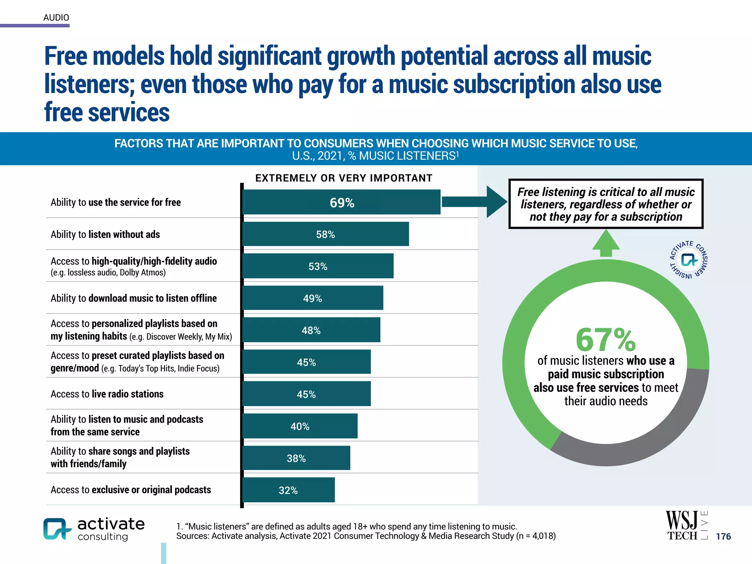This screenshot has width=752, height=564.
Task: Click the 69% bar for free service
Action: coord(341,202)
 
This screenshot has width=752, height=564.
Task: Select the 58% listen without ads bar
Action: coord(326,234)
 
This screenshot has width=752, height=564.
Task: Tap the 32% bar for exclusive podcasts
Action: coord(289,490)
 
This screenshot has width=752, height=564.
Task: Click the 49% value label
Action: coord(312,299)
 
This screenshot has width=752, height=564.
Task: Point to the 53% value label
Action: coord(318,267)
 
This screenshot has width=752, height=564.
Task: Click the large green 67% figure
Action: coord(605,340)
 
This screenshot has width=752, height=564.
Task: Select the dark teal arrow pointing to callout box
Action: coord(474,202)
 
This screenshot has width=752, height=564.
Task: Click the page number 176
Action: coord(723,536)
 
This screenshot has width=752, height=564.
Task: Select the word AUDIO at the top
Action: coord(56,18)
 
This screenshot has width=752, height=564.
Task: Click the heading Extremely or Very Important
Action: coord(344,178)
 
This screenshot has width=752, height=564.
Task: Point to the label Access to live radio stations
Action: coord(107,394)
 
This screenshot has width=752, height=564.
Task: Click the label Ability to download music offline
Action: coord(134,298)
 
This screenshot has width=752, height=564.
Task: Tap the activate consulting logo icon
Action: coord(57,529)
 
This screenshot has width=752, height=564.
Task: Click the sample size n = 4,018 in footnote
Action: coord(536,536)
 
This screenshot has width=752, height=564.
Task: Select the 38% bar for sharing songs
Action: coord(296,458)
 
